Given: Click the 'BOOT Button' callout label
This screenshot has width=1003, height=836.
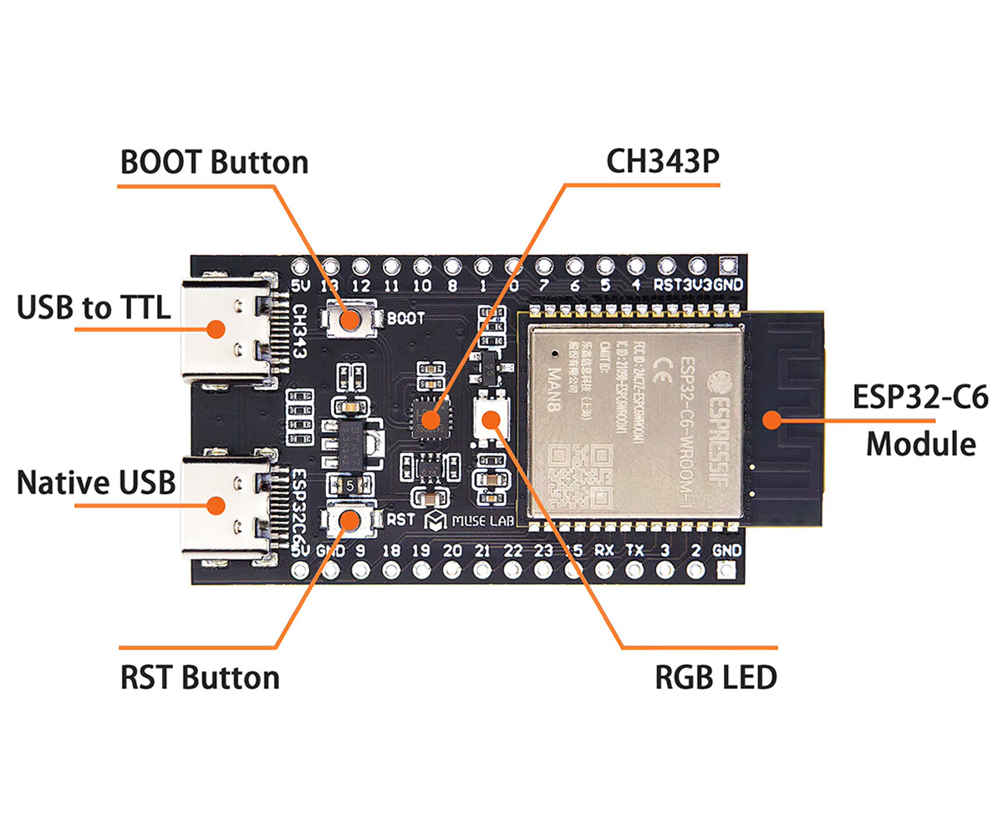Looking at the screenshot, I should point(214,162).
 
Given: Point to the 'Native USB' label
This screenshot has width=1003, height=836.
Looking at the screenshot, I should point(95,483).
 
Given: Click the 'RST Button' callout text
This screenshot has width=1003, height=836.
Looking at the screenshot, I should point(199,675).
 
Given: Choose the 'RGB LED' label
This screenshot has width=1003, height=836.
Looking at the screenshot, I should point(715,676).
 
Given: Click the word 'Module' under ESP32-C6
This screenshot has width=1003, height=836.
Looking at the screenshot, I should point(919,443).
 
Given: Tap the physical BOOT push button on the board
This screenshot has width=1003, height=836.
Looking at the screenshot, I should point(350,319).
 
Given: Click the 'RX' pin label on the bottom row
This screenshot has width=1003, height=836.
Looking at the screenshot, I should point(604,551).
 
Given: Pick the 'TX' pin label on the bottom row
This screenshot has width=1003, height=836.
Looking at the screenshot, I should point(634,551).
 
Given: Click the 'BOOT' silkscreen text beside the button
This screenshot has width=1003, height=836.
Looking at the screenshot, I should point(405,319).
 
